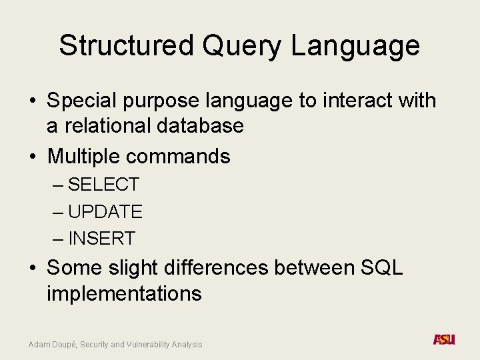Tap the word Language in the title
coord(355,46)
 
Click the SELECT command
coord(103,185)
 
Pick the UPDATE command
coord(105,212)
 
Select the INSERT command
coord(101,238)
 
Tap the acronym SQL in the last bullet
coord(381,268)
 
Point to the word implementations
coord(124,293)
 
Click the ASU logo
coord(444,339)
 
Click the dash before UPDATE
coord(58,212)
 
